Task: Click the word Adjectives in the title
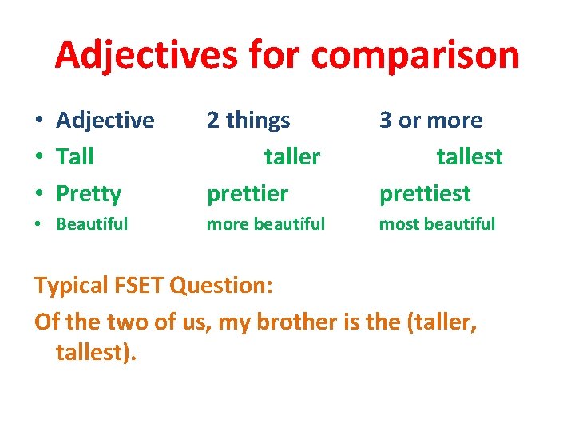click(146, 55)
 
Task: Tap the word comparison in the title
click(415, 55)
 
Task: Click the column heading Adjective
click(105, 121)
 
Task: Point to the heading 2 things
click(248, 121)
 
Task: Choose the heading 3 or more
click(430, 121)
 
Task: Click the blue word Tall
click(75, 156)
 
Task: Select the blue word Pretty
click(89, 194)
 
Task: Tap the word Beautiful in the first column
click(92, 224)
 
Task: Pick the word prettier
click(247, 194)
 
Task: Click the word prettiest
click(425, 194)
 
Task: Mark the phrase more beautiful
click(266, 224)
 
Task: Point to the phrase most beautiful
click(437, 224)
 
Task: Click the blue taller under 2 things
click(292, 156)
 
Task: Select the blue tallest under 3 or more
click(470, 156)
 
